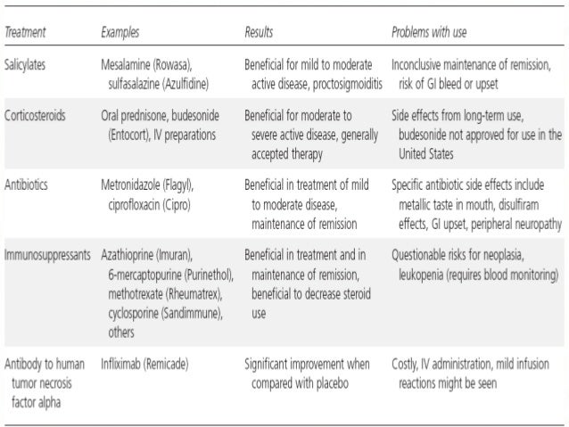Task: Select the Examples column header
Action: point(120,33)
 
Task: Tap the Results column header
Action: point(259,33)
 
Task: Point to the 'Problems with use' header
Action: point(428,33)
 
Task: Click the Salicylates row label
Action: point(28,66)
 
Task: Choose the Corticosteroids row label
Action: point(35,116)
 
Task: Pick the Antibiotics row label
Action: point(28,185)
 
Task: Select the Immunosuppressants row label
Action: point(46,254)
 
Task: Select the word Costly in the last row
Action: point(406,364)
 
